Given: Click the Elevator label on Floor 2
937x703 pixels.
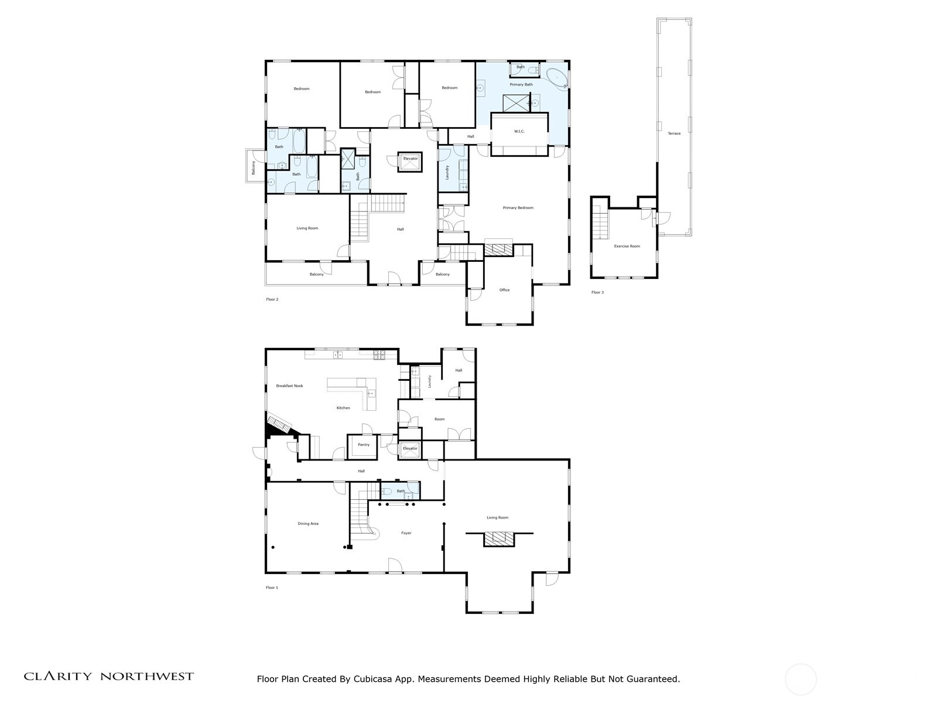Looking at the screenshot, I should (411, 159).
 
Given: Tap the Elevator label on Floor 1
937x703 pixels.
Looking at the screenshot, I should (410, 449).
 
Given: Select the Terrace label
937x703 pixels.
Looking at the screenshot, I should (674, 134).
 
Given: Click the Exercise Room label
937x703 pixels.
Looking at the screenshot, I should (627, 246).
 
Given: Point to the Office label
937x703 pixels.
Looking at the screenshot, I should (504, 290).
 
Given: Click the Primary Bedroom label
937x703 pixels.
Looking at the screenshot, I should (518, 208).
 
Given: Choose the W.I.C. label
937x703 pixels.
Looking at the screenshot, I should (519, 131).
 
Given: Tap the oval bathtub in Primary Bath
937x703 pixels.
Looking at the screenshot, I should (557, 78).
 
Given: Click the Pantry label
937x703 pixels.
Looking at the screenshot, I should (364, 445).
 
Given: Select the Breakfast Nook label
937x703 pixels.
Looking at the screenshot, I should (290, 386).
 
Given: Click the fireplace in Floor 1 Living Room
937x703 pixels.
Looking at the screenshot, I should (499, 538).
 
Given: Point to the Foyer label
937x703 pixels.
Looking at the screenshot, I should (406, 533).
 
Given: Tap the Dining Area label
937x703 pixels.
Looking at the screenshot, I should (308, 524).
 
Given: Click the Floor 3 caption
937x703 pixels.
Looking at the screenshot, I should (597, 292).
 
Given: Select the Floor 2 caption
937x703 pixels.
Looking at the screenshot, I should (272, 299).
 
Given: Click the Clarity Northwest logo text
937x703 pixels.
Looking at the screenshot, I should (109, 677).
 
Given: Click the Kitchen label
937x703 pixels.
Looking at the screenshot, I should (343, 408).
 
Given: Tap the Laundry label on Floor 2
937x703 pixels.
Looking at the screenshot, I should (447, 172).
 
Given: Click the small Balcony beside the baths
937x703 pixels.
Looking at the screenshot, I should (254, 167).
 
